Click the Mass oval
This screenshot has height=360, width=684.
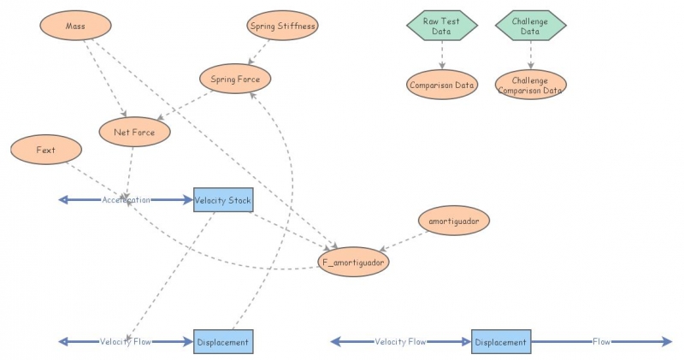pyautogui.click(x=75, y=26)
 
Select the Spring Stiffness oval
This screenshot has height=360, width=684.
pyautogui.click(x=283, y=26)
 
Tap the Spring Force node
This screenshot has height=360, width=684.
pyautogui.click(x=235, y=80)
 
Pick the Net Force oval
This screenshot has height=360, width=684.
pyautogui.click(x=135, y=133)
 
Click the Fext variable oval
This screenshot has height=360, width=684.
pyautogui.click(x=46, y=150)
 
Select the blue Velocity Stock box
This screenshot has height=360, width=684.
pyautogui.click(x=223, y=200)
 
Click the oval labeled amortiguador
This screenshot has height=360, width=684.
pyautogui.click(x=454, y=220)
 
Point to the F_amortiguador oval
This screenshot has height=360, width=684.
pyautogui.click(x=354, y=261)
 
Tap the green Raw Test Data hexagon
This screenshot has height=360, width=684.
pyautogui.click(x=442, y=26)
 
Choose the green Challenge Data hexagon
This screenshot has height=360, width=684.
pyautogui.click(x=530, y=26)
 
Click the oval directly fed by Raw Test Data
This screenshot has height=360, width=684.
pyautogui.click(x=442, y=85)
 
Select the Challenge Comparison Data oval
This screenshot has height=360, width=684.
pyautogui.click(x=530, y=85)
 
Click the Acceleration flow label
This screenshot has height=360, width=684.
pyautogui.click(x=126, y=200)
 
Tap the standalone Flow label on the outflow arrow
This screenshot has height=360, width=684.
pyautogui.click(x=602, y=342)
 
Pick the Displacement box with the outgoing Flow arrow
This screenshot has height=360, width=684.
pyautogui.click(x=501, y=342)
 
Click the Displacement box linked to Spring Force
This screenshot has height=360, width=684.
pyautogui.click(x=223, y=342)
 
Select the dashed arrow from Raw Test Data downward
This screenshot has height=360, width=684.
pyautogui.click(x=442, y=54)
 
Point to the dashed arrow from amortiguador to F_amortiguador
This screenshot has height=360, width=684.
pyautogui.click(x=405, y=240)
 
